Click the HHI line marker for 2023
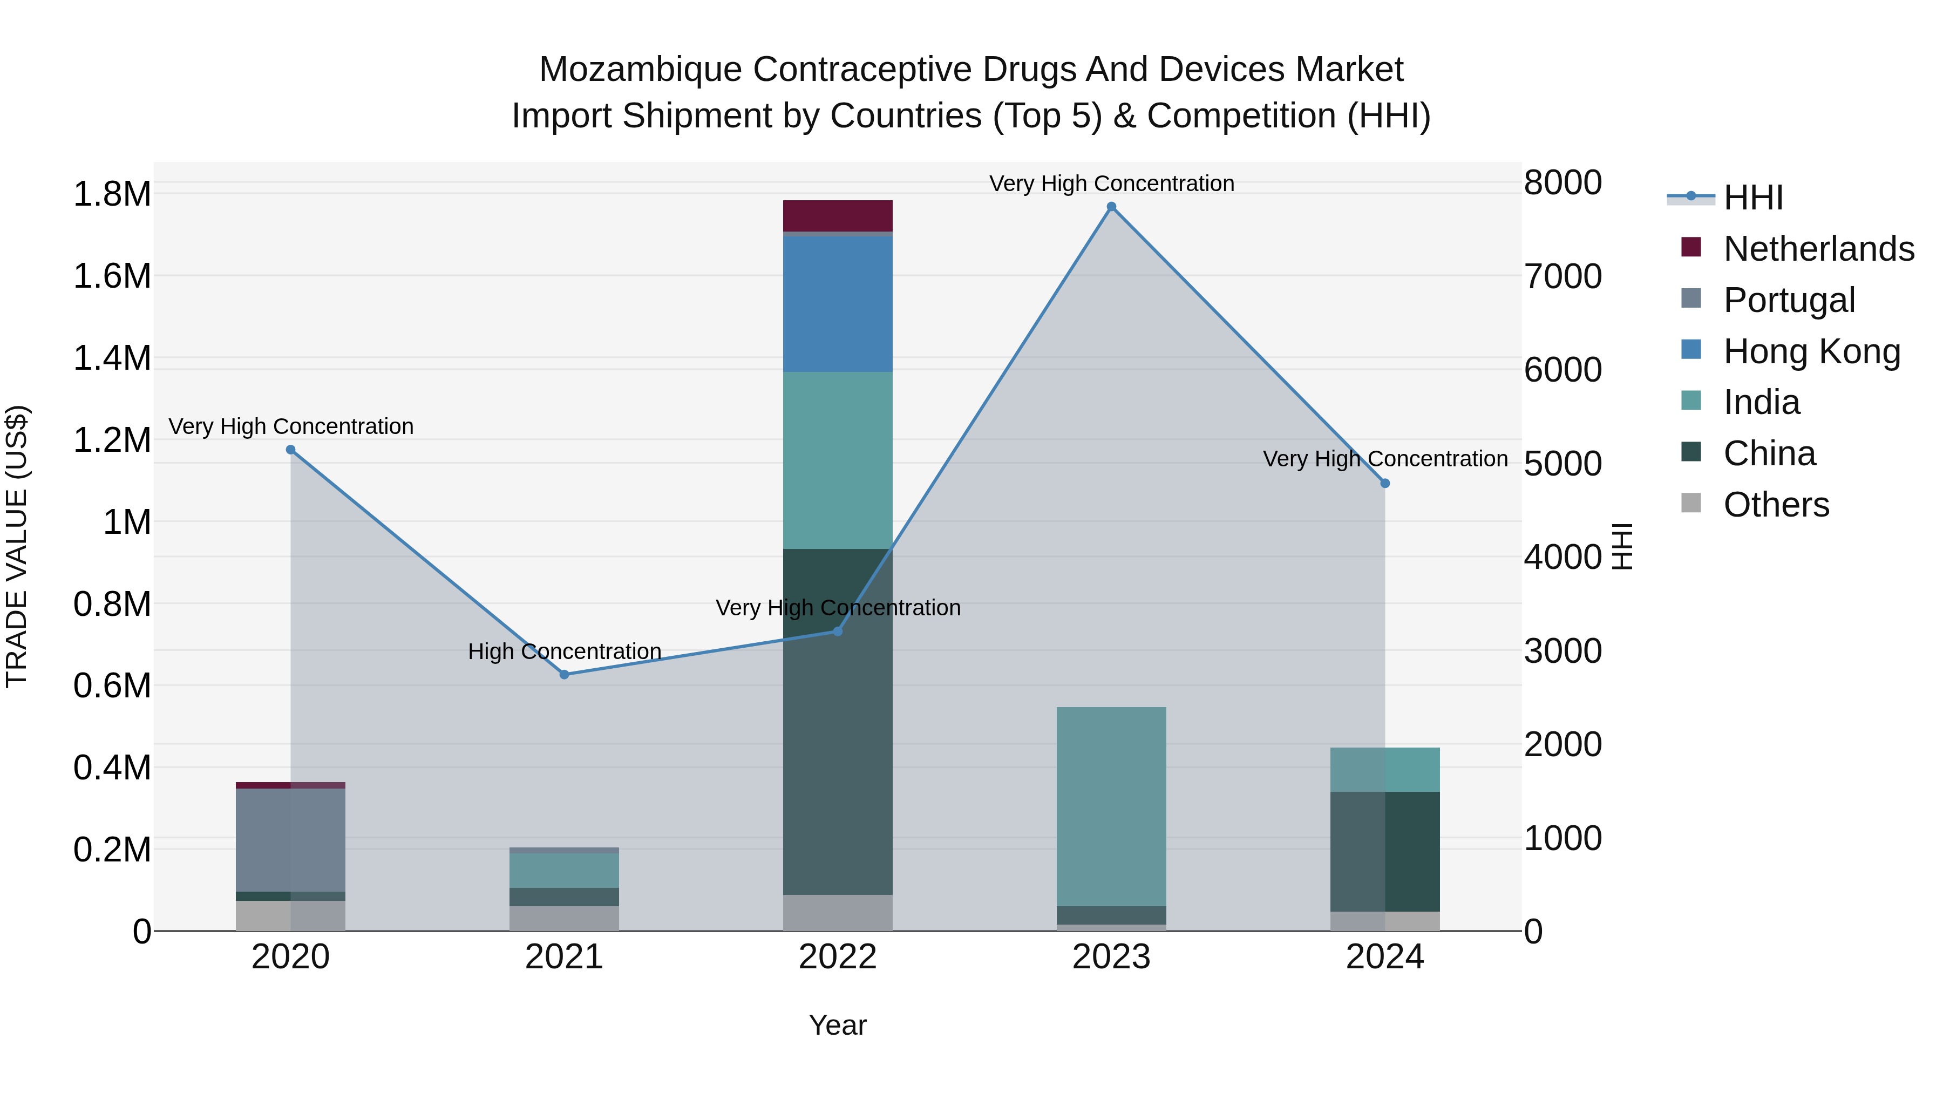pyautogui.click(x=1111, y=207)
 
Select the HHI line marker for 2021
pyautogui.click(x=564, y=674)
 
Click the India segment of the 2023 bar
pyautogui.click(x=1111, y=806)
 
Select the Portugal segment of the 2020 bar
pyautogui.click(x=290, y=839)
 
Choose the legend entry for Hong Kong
pyautogui.click(x=1810, y=351)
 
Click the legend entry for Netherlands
pyautogui.click(x=1818, y=249)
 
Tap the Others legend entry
pyautogui.click(x=1776, y=505)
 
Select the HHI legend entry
pyautogui.click(x=1752, y=198)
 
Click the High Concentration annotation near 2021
pyautogui.click(x=564, y=651)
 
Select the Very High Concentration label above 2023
pyautogui.click(x=1111, y=184)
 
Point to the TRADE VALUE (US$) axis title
pyautogui.click(x=17, y=546)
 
